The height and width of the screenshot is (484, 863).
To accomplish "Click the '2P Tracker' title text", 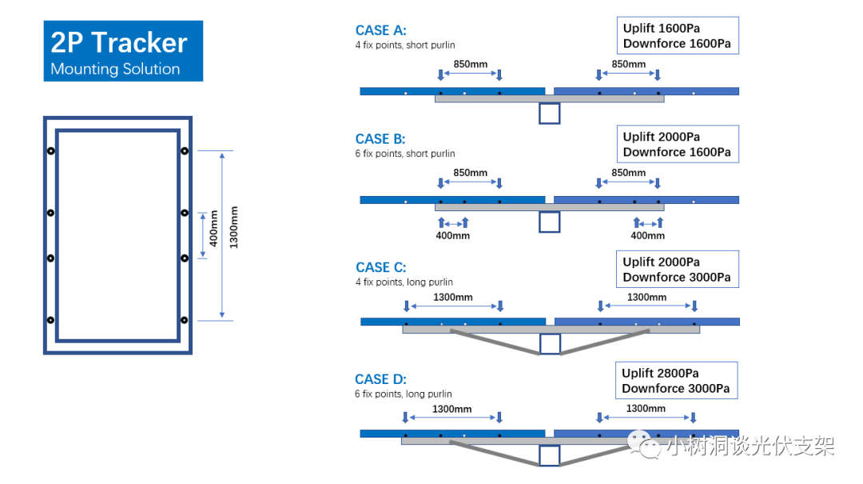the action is pos(119,42).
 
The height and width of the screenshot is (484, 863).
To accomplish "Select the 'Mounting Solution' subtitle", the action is pos(115,69).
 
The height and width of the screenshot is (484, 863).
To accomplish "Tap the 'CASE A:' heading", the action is pos(381,30).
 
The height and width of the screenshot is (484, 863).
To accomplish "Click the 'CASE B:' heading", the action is pos(380,139).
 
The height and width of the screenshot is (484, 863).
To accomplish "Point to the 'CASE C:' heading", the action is pos(381,267).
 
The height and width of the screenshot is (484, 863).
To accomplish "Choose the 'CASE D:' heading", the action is pos(380,379).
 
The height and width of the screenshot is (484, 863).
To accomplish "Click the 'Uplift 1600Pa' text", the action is pos(662,28).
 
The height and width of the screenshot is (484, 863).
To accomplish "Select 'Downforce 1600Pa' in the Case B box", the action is pos(677,152).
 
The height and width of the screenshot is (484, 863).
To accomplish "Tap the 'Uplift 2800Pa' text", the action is pos(661,373).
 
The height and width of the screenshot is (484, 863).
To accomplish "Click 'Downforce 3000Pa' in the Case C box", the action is pos(677,278).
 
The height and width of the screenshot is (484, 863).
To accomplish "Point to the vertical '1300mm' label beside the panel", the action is pos(234,228).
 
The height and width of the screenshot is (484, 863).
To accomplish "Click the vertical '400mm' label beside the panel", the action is pos(213,229).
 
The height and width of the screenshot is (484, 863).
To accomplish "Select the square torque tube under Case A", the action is pos(549,114).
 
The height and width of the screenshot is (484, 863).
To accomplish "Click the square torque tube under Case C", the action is pos(550,344).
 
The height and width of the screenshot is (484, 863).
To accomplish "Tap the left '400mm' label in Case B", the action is pos(453,236).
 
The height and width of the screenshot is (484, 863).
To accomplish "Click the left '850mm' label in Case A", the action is pos(471,65).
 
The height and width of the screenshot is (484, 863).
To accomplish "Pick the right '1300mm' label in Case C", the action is pos(646,297).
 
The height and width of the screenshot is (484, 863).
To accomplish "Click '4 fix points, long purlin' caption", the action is pos(404,282).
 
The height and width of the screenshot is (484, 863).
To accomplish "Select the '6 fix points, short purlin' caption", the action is pos(405,154).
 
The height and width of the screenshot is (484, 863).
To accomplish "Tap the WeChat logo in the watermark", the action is pos(644,444).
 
